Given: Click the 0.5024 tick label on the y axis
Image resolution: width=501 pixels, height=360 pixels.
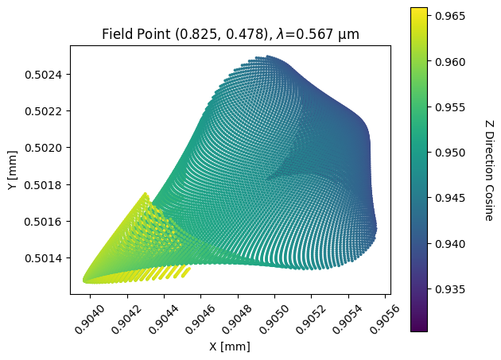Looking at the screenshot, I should tap(46, 75).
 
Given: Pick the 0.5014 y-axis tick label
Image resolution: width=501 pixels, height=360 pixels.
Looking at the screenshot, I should tap(46, 258).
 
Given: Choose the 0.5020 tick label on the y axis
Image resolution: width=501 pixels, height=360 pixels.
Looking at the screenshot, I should tap(46, 148).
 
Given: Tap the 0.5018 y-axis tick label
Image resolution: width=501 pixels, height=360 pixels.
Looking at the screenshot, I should tap(46, 184).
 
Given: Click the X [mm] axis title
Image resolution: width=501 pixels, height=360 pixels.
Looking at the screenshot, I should tap(230, 346).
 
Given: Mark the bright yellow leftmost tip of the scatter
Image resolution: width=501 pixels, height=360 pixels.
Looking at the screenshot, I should tap(85, 280).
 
